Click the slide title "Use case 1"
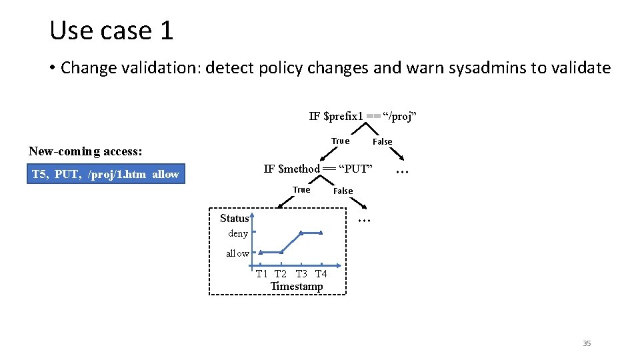click(111, 30)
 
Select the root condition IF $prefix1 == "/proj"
click(363, 117)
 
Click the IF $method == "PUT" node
click(317, 169)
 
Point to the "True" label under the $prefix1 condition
click(341, 141)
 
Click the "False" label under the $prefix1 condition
click(382, 141)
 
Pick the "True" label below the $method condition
click(301, 190)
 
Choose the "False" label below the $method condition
click(343, 191)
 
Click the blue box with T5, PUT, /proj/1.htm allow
click(105, 174)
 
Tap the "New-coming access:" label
click(85, 151)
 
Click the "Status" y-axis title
click(234, 218)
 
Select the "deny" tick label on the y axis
click(237, 233)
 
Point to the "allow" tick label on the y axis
click(237, 253)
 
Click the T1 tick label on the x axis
click(262, 274)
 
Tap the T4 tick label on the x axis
click(321, 274)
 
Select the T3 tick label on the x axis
click(301, 274)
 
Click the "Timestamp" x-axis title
click(297, 287)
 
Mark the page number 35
click(587, 343)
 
